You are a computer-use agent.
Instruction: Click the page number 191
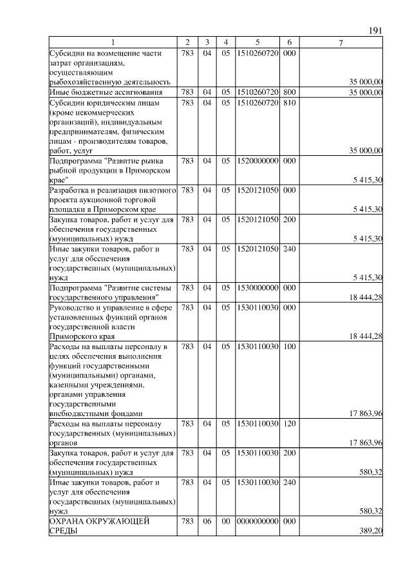tap(376, 31)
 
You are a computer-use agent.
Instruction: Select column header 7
tap(341, 43)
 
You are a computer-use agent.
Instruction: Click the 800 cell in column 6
tap(289, 93)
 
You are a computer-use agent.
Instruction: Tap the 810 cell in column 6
tap(289, 102)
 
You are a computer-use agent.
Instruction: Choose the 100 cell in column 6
tap(289, 347)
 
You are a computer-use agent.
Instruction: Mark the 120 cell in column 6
tap(289, 424)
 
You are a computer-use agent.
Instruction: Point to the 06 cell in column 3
tap(207, 522)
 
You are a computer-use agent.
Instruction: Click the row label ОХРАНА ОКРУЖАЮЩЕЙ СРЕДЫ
tap(100, 526)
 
